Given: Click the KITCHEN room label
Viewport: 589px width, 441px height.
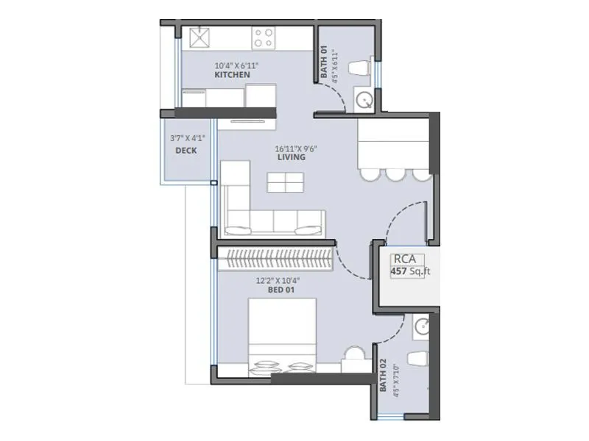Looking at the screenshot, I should [x=232, y=75].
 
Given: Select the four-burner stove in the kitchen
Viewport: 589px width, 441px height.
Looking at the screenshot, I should [x=264, y=37].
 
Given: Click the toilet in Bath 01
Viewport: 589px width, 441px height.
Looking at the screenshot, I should [x=357, y=68].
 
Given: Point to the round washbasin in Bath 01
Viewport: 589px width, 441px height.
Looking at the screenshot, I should [x=364, y=99].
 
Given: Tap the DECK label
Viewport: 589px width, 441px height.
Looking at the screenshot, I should [x=186, y=151].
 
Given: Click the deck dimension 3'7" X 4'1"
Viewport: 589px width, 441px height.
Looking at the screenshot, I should [x=186, y=137].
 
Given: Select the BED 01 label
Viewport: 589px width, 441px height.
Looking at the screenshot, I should [x=277, y=290].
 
